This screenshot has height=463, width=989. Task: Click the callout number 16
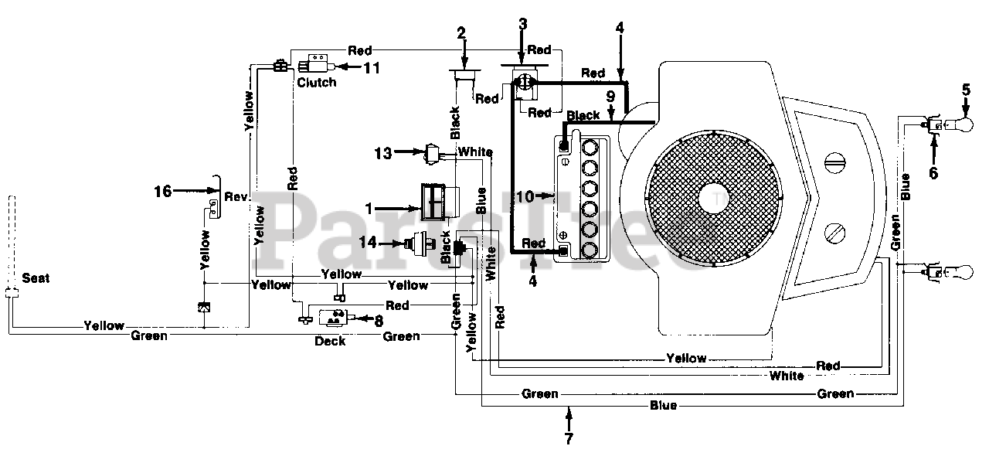(162, 191)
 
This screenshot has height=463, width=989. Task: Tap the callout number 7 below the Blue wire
(569, 438)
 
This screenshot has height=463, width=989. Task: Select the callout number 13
(382, 153)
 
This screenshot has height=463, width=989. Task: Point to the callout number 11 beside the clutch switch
(372, 68)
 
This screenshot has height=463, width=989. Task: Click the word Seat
(36, 278)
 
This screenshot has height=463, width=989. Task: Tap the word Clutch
(317, 82)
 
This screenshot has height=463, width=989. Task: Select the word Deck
(330, 341)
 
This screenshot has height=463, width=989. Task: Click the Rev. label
(236, 196)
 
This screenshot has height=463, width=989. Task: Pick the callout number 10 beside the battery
(525, 196)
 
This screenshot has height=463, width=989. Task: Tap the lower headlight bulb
(964, 272)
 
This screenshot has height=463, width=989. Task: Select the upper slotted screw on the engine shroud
(835, 162)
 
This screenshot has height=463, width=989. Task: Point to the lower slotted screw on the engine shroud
(835, 233)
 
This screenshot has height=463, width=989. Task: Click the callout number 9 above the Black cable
(610, 97)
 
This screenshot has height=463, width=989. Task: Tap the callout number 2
(461, 32)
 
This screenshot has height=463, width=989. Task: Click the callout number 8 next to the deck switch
(379, 321)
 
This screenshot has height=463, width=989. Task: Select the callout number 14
(368, 242)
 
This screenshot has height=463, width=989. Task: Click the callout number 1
(369, 208)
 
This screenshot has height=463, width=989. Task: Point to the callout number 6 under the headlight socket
(933, 172)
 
